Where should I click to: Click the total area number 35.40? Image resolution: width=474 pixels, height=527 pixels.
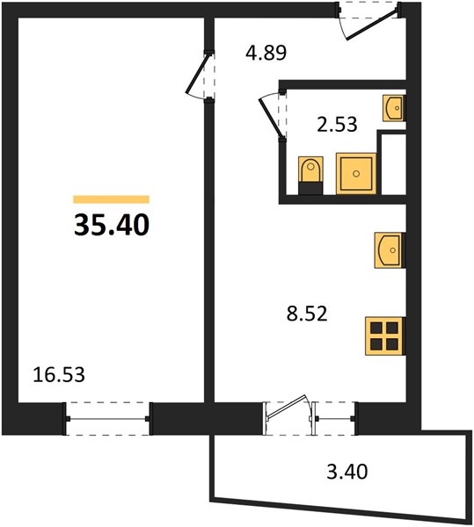(112, 225)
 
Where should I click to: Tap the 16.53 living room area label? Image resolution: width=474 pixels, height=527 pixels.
(59, 374)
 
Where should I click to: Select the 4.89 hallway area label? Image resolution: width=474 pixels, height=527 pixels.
(266, 53)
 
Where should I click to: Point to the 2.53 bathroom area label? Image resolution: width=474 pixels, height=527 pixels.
(337, 124)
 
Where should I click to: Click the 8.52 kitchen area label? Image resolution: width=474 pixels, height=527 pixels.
(307, 314)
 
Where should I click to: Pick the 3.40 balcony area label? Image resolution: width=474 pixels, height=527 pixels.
(347, 471)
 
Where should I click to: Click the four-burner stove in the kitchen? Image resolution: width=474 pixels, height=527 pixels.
(385, 336)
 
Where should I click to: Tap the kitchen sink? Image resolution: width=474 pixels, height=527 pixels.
(390, 250)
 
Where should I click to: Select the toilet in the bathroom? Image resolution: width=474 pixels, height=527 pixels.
(310, 175)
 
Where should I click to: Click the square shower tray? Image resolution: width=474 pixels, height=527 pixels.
(356, 173)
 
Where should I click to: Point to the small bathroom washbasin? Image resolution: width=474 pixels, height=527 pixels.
(394, 108)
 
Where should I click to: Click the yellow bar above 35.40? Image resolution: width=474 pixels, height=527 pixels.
(112, 199)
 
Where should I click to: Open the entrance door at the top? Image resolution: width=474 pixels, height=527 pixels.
(372, 25)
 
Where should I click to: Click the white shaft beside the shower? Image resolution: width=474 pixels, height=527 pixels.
(393, 164)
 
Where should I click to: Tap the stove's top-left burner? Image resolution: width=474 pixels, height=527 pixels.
(376, 327)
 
